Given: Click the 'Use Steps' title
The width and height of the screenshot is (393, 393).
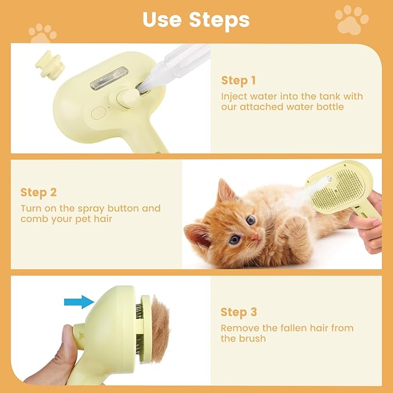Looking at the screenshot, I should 196,19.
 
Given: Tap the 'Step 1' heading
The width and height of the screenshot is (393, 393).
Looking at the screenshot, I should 238,80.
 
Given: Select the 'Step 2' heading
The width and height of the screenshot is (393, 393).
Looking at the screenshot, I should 39,192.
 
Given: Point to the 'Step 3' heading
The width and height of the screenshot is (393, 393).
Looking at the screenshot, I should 238,313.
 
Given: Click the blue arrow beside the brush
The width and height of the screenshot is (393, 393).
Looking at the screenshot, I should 79,301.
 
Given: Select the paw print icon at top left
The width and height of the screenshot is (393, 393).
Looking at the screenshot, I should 43,33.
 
